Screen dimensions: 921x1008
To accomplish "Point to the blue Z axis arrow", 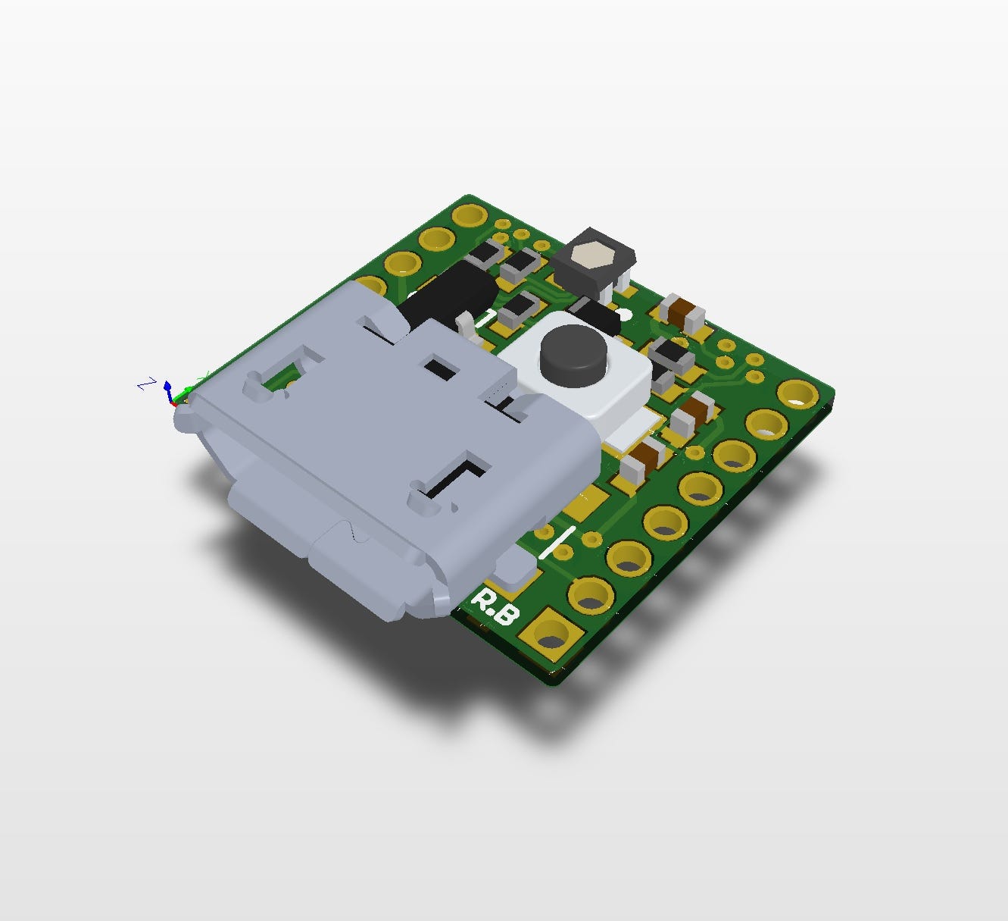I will point(168,389).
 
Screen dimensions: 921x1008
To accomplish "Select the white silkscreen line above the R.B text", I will point(557,541).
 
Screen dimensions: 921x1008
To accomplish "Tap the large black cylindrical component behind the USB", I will point(447,296).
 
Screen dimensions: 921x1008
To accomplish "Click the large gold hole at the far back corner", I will point(470,217).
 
